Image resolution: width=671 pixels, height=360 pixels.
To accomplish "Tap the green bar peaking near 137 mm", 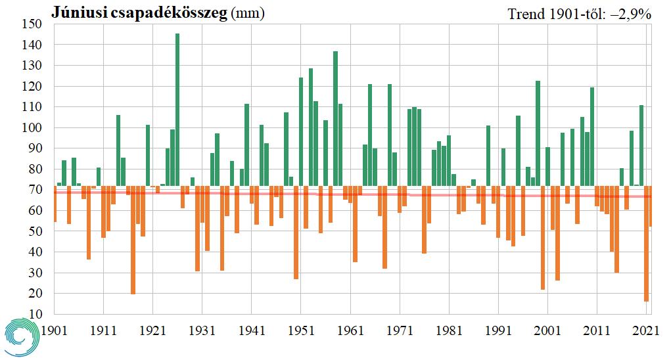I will pos(335,118).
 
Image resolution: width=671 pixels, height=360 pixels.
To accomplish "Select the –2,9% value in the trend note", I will pos(634,13).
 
